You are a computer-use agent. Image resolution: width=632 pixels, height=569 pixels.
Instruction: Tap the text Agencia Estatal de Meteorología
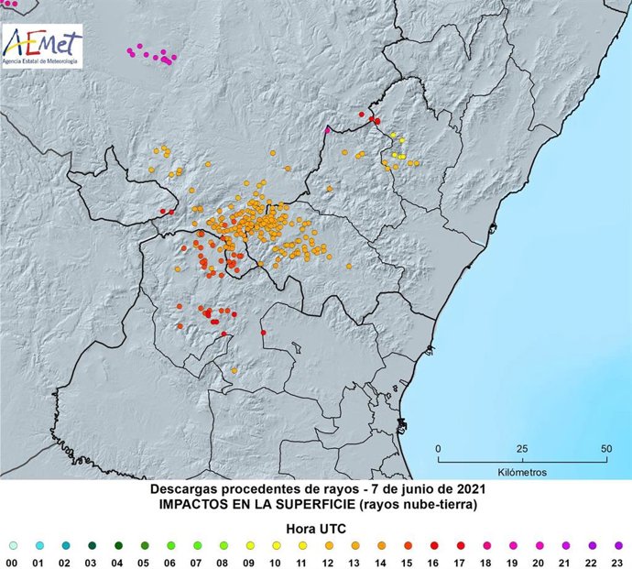point(41,61)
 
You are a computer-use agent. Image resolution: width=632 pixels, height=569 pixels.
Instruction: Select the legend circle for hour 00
point(12,544)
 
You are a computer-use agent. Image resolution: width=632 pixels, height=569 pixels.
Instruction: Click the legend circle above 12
point(328,544)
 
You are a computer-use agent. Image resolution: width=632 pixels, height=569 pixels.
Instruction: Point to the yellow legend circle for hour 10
point(276,544)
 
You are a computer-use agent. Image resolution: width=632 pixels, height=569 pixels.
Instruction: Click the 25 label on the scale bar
point(521,448)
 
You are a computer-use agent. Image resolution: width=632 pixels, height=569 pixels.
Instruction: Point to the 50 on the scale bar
point(605,448)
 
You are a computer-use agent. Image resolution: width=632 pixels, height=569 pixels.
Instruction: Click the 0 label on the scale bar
point(439,448)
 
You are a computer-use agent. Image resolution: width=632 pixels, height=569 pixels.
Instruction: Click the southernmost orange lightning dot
point(234,370)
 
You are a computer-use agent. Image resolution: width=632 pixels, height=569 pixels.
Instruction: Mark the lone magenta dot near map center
point(326,131)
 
